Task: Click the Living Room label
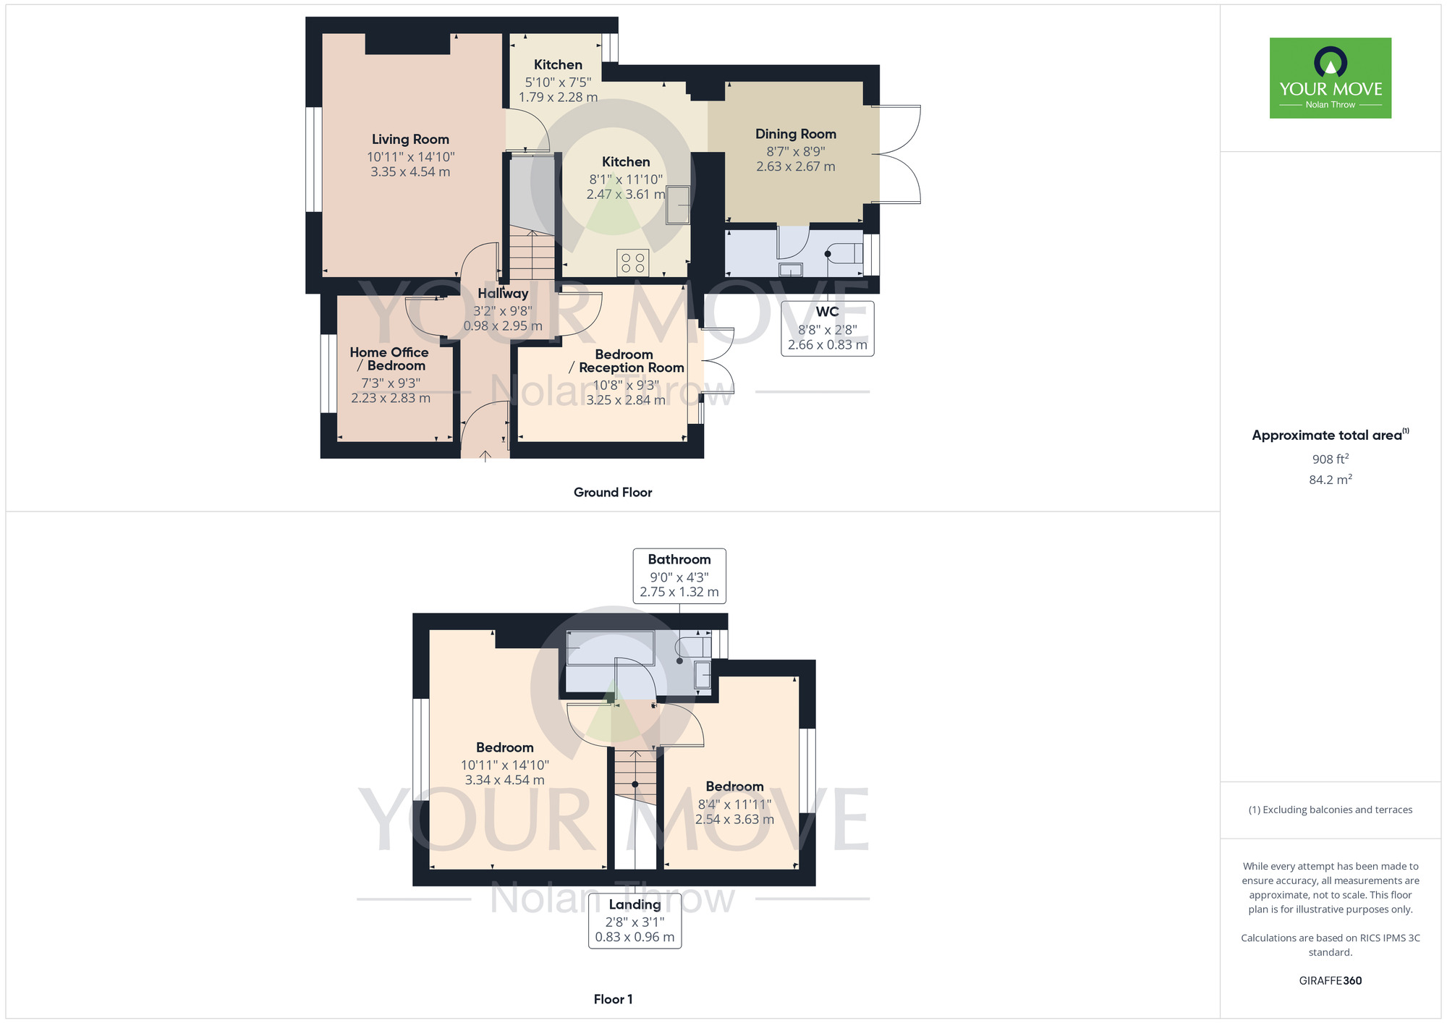(410, 140)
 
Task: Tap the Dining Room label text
(796, 135)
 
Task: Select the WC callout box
(828, 328)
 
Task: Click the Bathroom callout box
(679, 576)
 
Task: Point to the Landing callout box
(635, 920)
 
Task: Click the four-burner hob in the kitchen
(633, 263)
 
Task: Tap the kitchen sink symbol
(678, 205)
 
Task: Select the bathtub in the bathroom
(611, 648)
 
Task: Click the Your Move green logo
(1331, 78)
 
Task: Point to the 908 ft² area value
(1331, 459)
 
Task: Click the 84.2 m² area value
(1331, 480)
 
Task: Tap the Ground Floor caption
(613, 493)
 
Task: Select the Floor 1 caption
(613, 999)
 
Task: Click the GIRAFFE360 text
(1331, 981)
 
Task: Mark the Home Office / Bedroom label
(389, 359)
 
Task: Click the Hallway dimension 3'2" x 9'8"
(503, 311)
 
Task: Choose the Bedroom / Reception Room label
(626, 361)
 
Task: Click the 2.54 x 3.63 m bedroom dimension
(734, 820)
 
